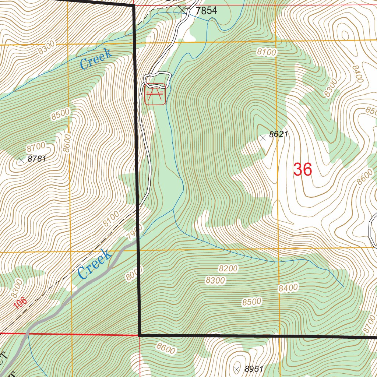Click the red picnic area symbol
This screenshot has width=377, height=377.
(x=155, y=94)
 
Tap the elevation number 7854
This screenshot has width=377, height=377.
(x=206, y=11)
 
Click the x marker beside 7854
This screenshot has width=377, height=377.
(x=182, y=10)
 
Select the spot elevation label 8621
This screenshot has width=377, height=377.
(x=278, y=135)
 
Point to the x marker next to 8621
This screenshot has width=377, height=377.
(x=263, y=138)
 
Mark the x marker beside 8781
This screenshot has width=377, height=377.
(x=21, y=160)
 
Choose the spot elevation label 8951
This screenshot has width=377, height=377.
(x=254, y=369)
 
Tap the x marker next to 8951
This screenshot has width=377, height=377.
(x=237, y=369)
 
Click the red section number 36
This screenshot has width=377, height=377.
(x=303, y=170)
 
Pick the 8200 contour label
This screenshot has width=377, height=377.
(x=228, y=268)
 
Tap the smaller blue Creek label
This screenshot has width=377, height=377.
(x=96, y=59)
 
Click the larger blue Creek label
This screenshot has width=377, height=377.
(x=94, y=264)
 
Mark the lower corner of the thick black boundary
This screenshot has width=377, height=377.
(x=140, y=335)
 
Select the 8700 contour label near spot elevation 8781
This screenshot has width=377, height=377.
(x=36, y=148)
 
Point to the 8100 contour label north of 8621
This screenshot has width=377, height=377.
(x=267, y=53)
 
